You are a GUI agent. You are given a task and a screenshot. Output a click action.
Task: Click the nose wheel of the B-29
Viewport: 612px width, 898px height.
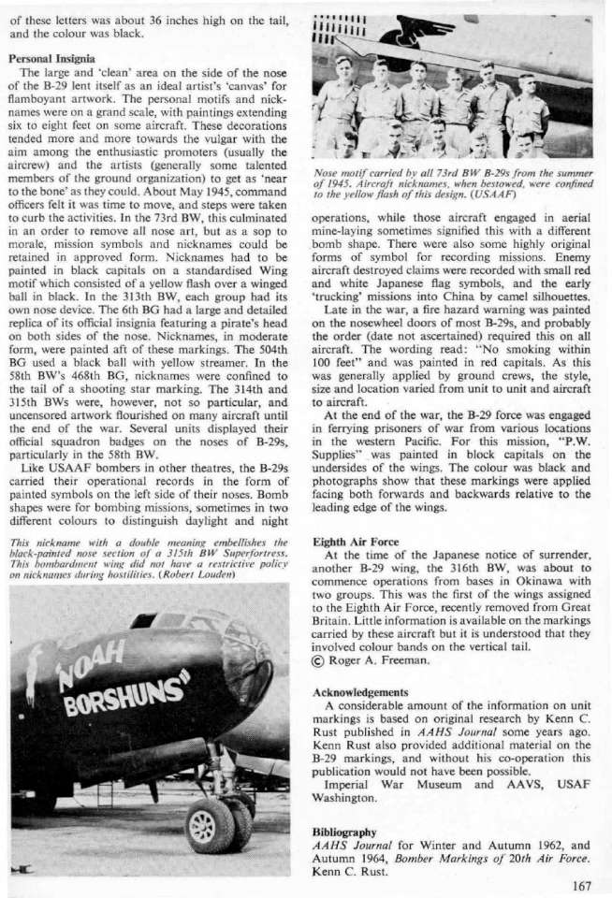[207, 825]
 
